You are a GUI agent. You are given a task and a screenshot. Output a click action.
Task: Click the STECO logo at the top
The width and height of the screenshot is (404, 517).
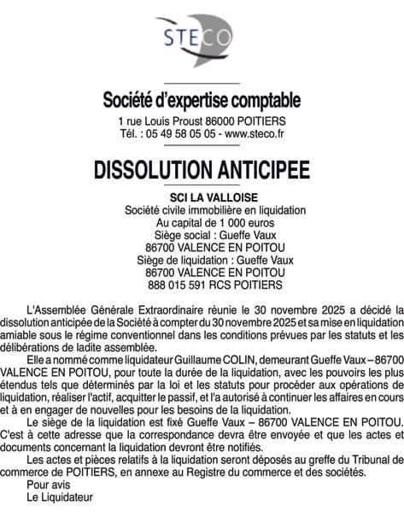(x=202, y=38)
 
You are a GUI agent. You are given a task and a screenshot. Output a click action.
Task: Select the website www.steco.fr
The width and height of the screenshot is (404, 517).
(x=254, y=134)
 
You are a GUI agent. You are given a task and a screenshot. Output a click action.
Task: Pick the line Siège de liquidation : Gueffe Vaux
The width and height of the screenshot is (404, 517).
(x=202, y=259)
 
